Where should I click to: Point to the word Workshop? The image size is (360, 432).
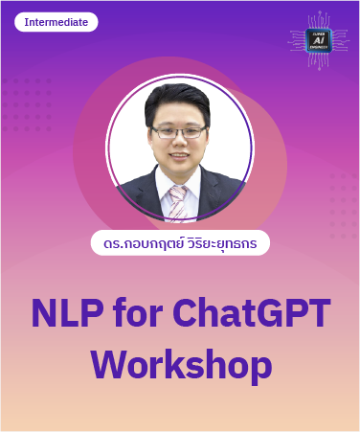point(181,365)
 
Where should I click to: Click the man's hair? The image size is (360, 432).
point(178,100)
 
